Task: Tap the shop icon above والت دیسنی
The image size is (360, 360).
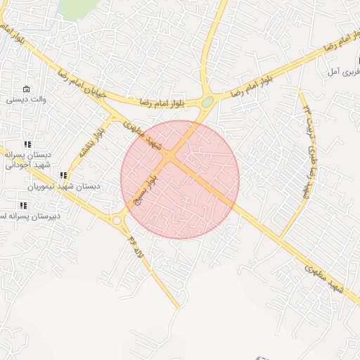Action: tap(27, 89)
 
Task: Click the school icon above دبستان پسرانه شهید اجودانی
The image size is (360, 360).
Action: tap(28, 143)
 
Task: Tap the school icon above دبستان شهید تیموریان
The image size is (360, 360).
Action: tap(63, 175)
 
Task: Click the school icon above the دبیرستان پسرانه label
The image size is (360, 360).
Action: tap(23, 205)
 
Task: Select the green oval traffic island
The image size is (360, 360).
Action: tap(207, 102)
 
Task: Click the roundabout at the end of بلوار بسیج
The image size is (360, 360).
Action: tap(117, 220)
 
